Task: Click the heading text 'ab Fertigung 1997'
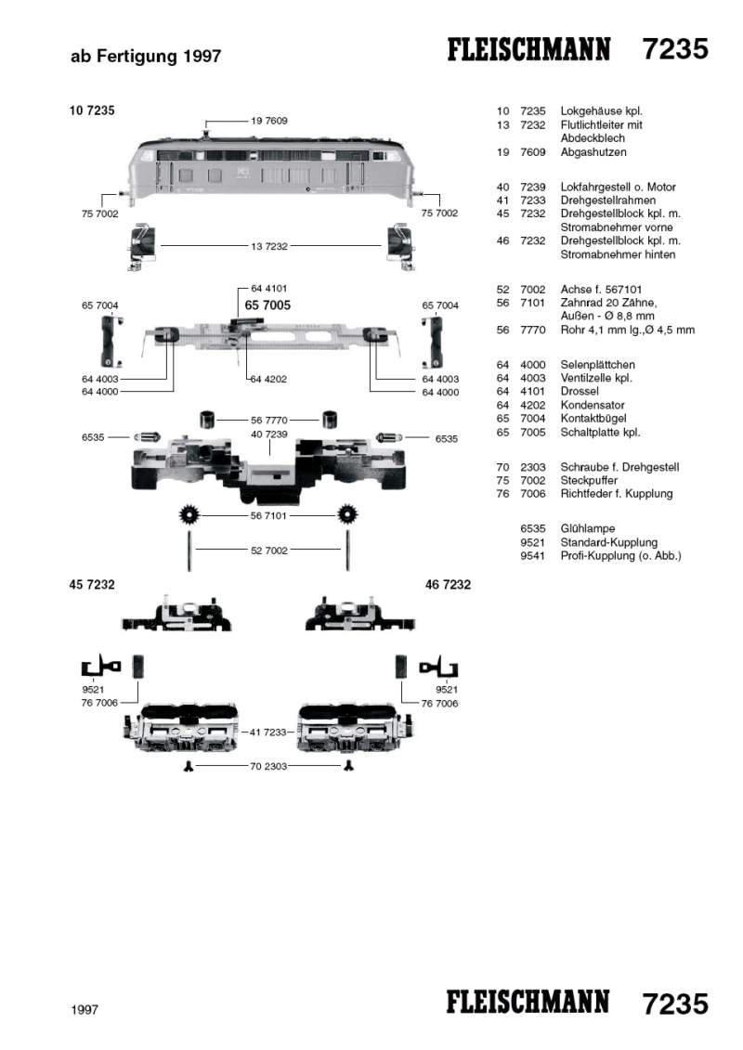[146, 58]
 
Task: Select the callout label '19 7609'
[268, 121]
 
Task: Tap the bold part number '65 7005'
[267, 305]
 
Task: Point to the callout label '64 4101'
[268, 289]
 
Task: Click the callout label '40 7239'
[268, 434]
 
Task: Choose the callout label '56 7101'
[268, 514]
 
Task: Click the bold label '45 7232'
[92, 585]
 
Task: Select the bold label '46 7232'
[448, 585]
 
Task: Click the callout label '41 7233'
[268, 732]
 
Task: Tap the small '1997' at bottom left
[85, 1009]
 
